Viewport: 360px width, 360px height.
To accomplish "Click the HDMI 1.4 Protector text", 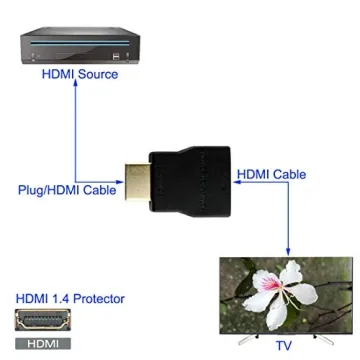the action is click(x=70, y=299).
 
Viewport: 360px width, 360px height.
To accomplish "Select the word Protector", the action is click(x=103, y=299).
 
